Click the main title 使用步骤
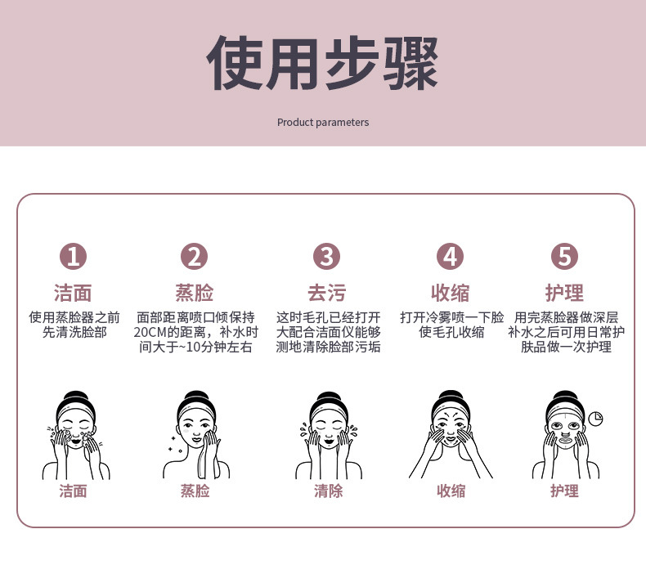click(322, 63)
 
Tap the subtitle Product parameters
click(323, 123)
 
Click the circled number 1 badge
click(74, 256)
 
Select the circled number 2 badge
click(194, 256)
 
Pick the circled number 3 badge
click(327, 256)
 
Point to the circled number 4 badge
click(451, 256)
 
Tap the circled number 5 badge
click(564, 256)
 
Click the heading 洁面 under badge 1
click(73, 293)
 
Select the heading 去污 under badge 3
click(327, 293)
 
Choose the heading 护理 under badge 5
click(564, 293)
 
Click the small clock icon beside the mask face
click(595, 419)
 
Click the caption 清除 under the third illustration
click(329, 491)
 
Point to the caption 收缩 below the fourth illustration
click(451, 491)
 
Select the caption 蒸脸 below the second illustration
click(195, 491)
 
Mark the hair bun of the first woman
click(75, 397)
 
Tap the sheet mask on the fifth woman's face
click(566, 429)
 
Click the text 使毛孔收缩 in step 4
click(451, 332)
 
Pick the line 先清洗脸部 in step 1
click(74, 332)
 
